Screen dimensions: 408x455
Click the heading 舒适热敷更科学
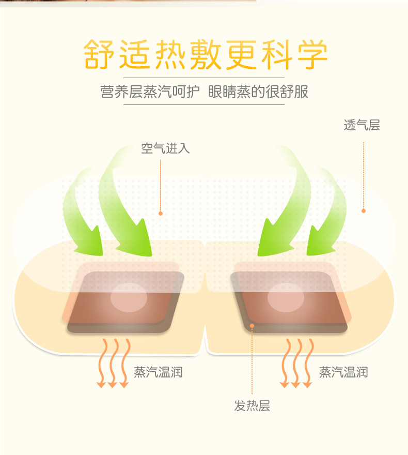coord(206,53)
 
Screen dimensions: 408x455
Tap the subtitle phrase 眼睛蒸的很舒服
coord(258,92)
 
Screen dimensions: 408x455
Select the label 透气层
coord(362,125)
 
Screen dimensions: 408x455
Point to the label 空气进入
coord(165,149)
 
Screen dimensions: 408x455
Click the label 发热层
coord(252,406)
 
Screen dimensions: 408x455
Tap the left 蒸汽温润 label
coord(158,372)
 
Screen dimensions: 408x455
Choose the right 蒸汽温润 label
coord(343,372)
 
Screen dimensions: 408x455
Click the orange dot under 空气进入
coord(161,213)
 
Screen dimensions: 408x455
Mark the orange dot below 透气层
coord(364,211)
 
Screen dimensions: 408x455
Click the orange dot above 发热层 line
coord(252,325)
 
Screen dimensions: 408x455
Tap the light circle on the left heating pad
coord(129,297)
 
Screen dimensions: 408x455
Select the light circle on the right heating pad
coord(286,297)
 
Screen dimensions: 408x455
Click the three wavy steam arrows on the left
coord(113,362)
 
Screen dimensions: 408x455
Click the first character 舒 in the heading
coord(98,53)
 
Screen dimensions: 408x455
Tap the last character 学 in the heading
coord(312,53)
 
